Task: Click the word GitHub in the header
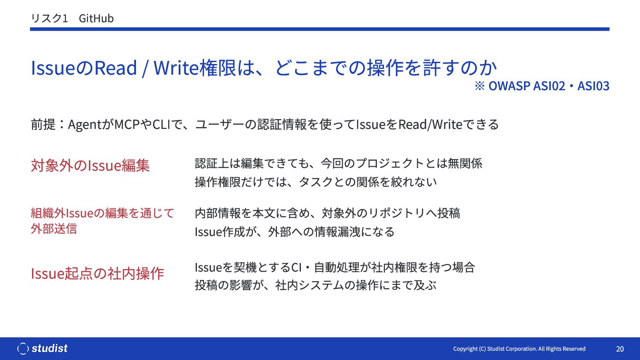tap(96, 19)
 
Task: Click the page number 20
tap(620, 349)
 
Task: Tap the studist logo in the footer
tap(42, 348)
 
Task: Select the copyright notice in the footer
tap(519, 349)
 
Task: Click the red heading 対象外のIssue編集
tap(90, 165)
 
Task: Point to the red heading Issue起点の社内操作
tap(97, 273)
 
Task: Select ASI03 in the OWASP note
tap(593, 86)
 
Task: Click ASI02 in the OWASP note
tap(549, 86)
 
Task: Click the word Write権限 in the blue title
tap(195, 68)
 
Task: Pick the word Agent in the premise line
tap(85, 125)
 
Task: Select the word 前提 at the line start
tap(43, 124)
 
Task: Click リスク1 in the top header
tap(49, 19)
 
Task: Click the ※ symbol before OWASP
tap(480, 86)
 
